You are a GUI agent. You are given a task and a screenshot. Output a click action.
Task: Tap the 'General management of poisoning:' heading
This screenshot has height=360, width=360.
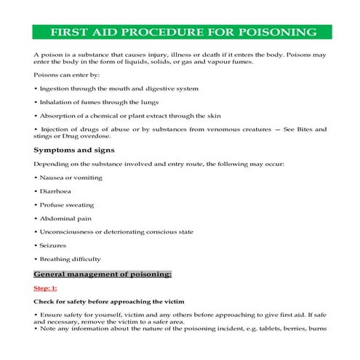103,274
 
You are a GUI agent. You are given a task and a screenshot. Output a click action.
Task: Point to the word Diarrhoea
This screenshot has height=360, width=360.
55,191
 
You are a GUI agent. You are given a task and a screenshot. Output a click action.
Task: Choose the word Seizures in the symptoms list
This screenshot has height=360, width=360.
52,245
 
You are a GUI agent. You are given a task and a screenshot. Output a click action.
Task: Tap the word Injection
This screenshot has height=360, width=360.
55,129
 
